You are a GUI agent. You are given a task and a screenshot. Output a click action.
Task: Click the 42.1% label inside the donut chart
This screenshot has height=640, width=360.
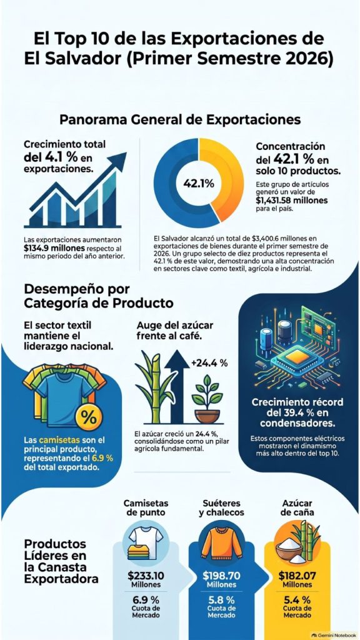(x=198, y=183)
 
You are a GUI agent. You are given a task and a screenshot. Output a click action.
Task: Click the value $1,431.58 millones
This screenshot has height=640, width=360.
(x=291, y=201)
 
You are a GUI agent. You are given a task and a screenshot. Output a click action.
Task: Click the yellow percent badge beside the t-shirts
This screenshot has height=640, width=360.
(x=89, y=417)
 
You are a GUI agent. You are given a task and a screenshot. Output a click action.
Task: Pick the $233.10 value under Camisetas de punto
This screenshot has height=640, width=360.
(x=146, y=576)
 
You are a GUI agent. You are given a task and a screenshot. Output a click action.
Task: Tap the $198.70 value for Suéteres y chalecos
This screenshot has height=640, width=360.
(x=222, y=576)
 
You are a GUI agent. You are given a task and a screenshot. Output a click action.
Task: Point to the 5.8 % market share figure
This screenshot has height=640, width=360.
(x=222, y=599)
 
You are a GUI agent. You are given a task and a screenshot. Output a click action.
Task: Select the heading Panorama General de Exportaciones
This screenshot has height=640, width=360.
(x=180, y=120)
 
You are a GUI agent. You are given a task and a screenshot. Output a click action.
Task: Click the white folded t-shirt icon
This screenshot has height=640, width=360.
(x=146, y=537)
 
